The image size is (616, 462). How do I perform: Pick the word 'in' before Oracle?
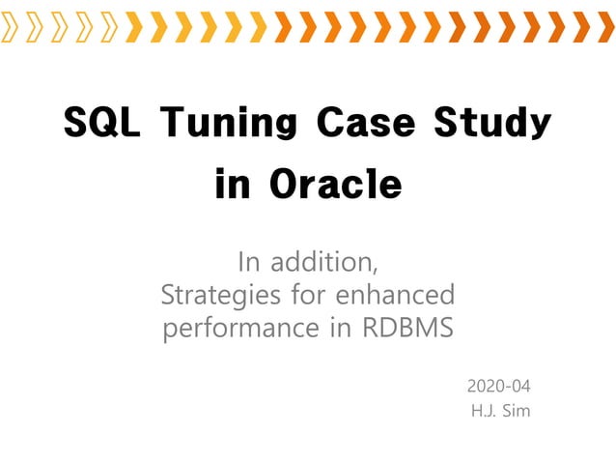click(x=232, y=184)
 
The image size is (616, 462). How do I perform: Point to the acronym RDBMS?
click(x=407, y=328)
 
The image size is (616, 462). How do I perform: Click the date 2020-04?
click(x=498, y=386)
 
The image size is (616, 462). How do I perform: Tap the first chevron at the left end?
click(x=11, y=27)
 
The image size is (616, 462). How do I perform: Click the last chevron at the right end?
click(x=606, y=27)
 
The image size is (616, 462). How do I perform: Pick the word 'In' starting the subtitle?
click(x=249, y=261)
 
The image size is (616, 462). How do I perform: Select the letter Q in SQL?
click(x=102, y=125)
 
